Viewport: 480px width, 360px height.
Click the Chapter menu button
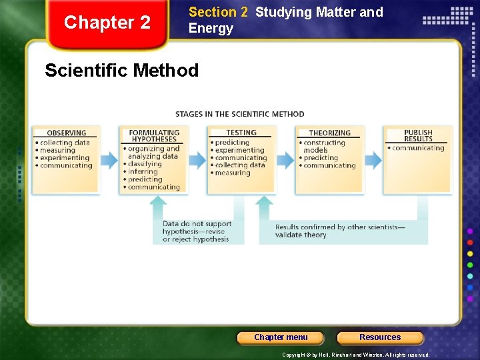pos(281,337)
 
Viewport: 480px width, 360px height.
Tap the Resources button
pos(380,337)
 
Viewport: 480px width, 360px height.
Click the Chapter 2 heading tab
pos(107,23)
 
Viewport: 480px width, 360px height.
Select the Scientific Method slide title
pos(121,71)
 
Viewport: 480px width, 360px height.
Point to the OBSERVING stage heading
pos(67,133)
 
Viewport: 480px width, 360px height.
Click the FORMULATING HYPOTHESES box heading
pos(154,136)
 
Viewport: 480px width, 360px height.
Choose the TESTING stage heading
pos(241,133)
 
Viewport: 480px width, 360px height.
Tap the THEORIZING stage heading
pos(329,133)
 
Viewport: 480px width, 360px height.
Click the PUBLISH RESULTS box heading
pos(418,136)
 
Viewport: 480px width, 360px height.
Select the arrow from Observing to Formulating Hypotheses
pos(108,159)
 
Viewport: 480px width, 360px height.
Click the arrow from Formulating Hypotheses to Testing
pos(198,159)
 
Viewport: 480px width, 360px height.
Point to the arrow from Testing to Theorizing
pos(285,159)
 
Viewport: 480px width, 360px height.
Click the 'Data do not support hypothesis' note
pos(197,231)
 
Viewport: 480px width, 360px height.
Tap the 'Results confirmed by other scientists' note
pos(340,231)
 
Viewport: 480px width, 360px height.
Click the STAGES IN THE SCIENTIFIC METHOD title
pos(240,114)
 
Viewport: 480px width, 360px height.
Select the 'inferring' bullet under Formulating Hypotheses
pos(143,172)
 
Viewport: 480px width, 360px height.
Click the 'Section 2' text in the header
pos(218,12)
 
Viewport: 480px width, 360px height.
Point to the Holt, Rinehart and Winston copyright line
pos(355,355)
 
